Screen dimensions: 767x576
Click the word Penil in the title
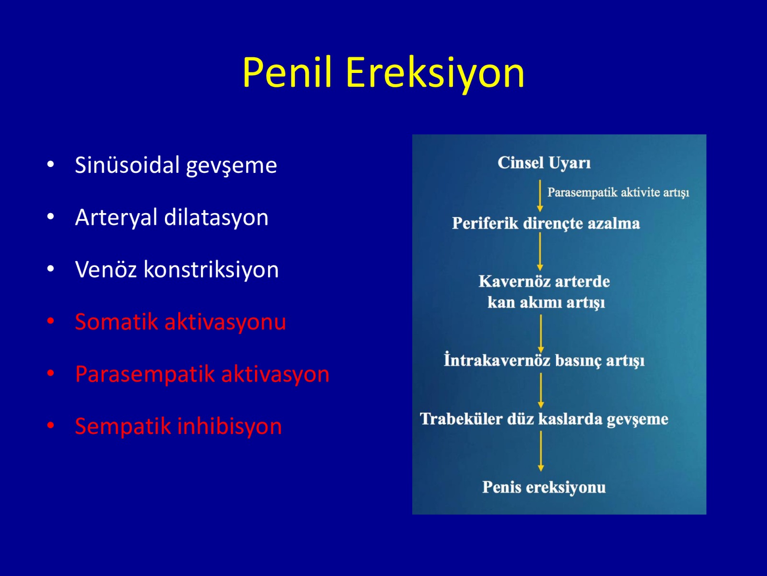click(x=287, y=72)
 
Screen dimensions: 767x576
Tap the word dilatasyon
click(x=216, y=217)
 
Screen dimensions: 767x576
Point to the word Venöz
click(x=105, y=269)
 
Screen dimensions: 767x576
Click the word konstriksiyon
click(x=211, y=269)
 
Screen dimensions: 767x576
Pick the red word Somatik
click(x=116, y=322)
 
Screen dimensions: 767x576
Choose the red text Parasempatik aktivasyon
click(x=202, y=374)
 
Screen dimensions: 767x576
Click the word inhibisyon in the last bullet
click(x=230, y=426)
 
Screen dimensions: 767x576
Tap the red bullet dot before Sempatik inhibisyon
click(x=51, y=426)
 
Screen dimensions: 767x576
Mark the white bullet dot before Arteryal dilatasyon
click(x=51, y=216)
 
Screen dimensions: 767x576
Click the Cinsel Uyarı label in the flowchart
click(x=544, y=163)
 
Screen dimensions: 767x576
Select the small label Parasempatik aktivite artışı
click(x=618, y=192)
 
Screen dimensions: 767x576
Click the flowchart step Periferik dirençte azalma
click(x=546, y=224)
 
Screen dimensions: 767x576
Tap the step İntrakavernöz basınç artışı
click(x=544, y=360)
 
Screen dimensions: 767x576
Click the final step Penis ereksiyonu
click(x=544, y=487)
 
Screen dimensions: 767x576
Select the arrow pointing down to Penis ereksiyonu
click(x=541, y=451)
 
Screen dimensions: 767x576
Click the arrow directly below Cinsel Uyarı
click(x=540, y=196)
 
